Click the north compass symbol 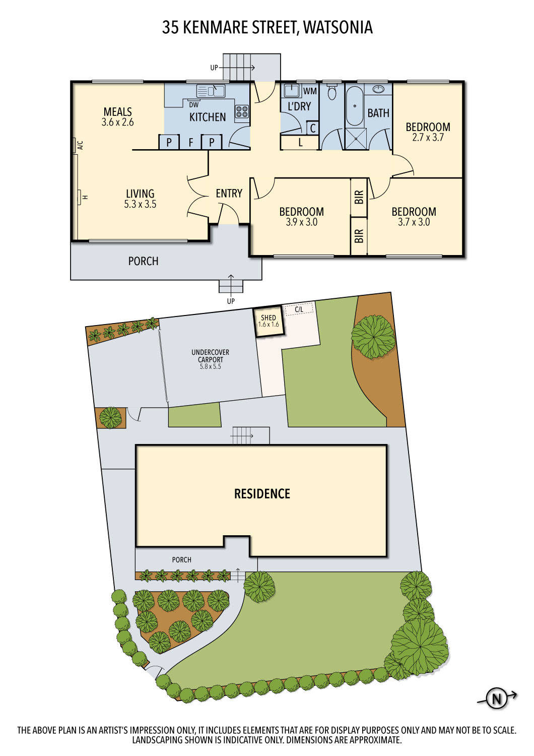pos(497,699)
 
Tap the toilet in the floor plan pos(331,93)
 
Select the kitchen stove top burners pos(241,111)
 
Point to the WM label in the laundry pos(310,91)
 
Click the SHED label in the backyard pos(269,318)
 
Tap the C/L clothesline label pos(299,309)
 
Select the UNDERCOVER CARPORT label pos(210,356)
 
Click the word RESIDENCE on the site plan pos(262,493)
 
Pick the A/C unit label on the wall pos(80,146)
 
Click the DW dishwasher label pos(193,105)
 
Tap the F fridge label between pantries pos(191,143)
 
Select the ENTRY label pos(229,193)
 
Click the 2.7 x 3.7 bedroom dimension pos(428,137)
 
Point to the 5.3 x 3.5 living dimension pos(140,204)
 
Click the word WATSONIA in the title pos(338,27)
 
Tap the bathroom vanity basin pos(378,90)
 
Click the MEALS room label pos(117,111)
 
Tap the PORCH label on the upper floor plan pos(143,261)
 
